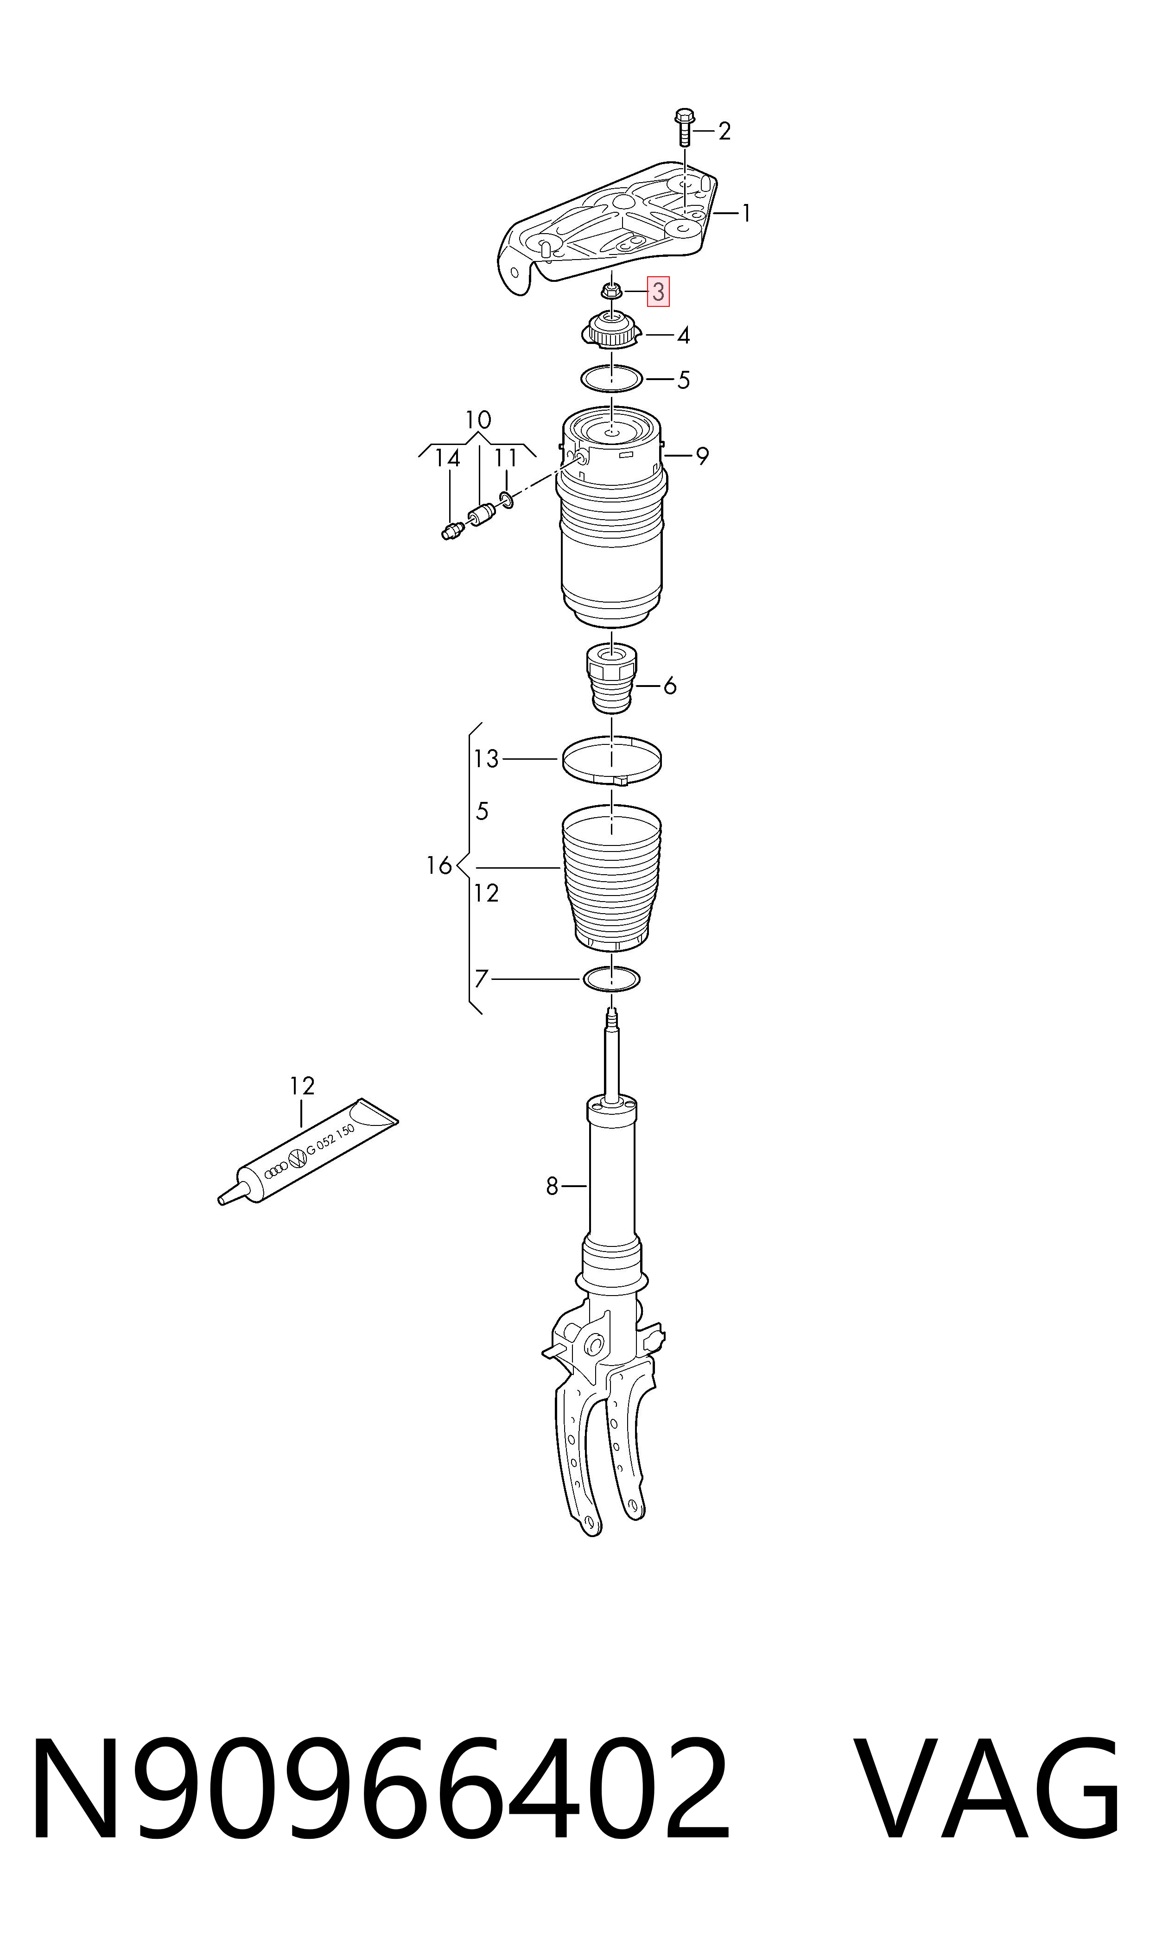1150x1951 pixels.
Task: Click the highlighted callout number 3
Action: click(x=658, y=292)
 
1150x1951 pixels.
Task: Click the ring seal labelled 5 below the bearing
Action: click(x=612, y=379)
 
